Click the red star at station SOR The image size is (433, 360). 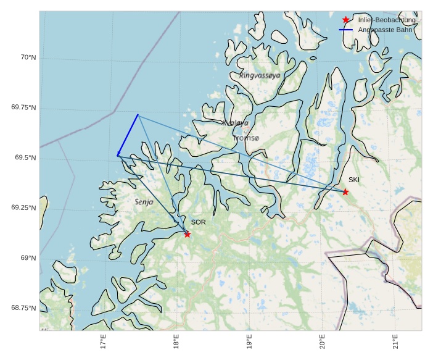tap(187, 234)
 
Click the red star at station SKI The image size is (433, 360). tap(345, 192)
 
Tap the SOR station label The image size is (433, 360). tap(198, 222)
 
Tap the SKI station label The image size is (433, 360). tap(354, 180)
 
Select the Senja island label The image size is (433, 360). tap(144, 202)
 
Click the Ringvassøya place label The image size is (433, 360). tap(260, 75)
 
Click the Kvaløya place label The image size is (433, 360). tap(235, 123)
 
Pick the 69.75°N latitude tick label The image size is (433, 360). tap(24, 107)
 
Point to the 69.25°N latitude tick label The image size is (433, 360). tap(24, 208)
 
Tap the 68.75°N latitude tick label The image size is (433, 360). tap(24, 308)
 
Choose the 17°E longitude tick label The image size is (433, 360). tap(103, 341)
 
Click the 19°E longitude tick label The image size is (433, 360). tap(249, 341)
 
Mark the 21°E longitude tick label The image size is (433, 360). tap(395, 341)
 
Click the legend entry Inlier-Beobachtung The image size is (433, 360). tap(387, 20)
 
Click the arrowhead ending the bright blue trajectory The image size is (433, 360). tap(118, 155)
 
